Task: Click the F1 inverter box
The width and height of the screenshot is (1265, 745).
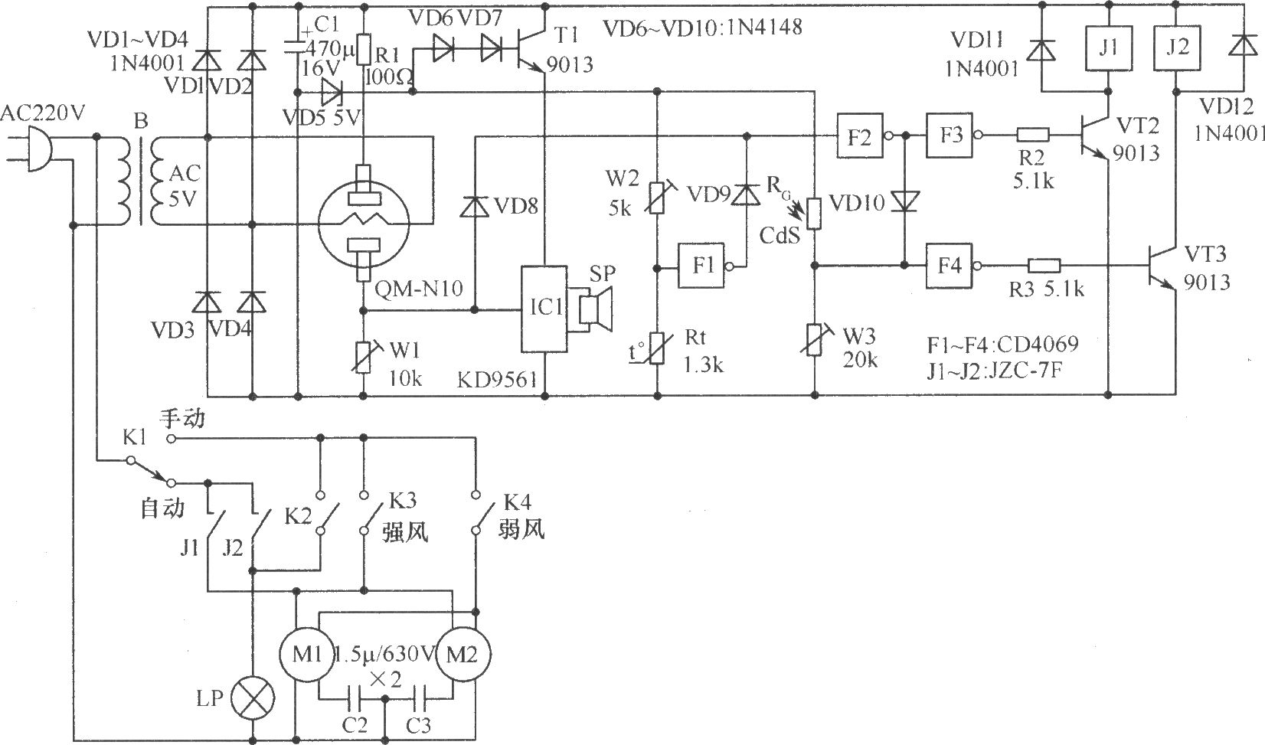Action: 703,266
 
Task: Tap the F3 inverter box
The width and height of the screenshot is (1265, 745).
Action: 950,136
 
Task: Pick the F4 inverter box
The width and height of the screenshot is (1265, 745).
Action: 950,266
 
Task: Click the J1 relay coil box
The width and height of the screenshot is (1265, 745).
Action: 1109,47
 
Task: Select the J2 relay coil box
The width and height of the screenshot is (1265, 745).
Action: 1176,47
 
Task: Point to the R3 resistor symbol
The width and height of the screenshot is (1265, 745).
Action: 1044,266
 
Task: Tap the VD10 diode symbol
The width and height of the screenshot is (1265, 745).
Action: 905,201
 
